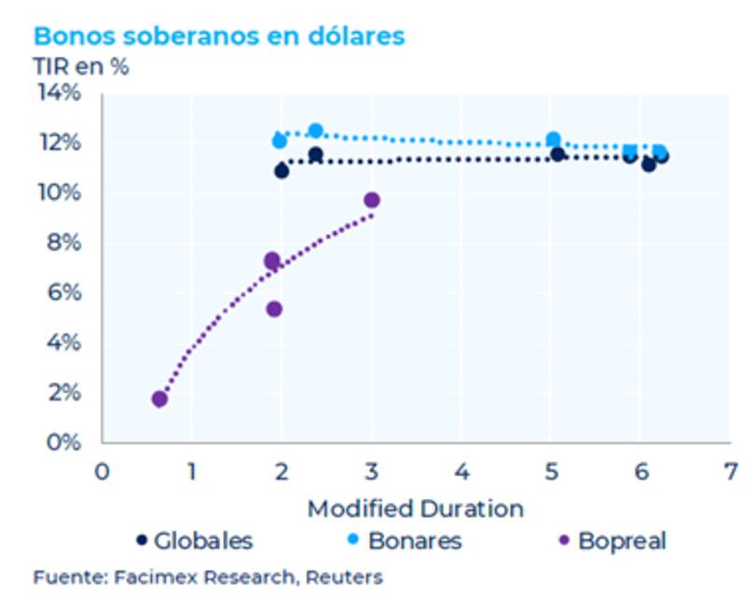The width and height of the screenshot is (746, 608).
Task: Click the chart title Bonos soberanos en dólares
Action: pyautogui.click(x=219, y=36)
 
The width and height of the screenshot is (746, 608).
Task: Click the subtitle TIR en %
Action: pyautogui.click(x=81, y=67)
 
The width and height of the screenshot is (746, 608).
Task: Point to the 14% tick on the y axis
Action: pyautogui.click(x=59, y=93)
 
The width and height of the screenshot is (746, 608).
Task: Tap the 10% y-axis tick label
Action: pyautogui.click(x=59, y=193)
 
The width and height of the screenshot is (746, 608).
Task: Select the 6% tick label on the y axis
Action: pyautogui.click(x=63, y=293)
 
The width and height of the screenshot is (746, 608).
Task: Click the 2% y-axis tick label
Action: pyautogui.click(x=63, y=393)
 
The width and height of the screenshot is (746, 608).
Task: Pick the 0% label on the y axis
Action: pyautogui.click(x=63, y=442)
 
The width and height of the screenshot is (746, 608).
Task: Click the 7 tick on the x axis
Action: pyautogui.click(x=730, y=468)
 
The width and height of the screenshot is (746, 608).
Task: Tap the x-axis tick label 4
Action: pyautogui.click(x=461, y=468)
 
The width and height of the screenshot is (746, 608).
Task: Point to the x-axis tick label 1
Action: pyautogui.click(x=191, y=468)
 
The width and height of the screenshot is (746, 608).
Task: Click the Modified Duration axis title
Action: pyautogui.click(x=415, y=508)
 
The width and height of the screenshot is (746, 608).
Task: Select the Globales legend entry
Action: pyautogui.click(x=194, y=540)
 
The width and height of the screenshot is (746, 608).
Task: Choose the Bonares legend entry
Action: pyautogui.click(x=404, y=540)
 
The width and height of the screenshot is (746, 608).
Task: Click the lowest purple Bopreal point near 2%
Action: pyautogui.click(x=159, y=399)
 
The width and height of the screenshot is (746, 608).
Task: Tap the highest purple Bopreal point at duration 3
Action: pyautogui.click(x=372, y=200)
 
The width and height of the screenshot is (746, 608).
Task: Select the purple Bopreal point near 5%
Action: pyautogui.click(x=274, y=309)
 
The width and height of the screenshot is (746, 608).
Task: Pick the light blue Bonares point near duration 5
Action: pyautogui.click(x=553, y=140)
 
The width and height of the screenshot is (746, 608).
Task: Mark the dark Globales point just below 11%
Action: pyautogui.click(x=282, y=171)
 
